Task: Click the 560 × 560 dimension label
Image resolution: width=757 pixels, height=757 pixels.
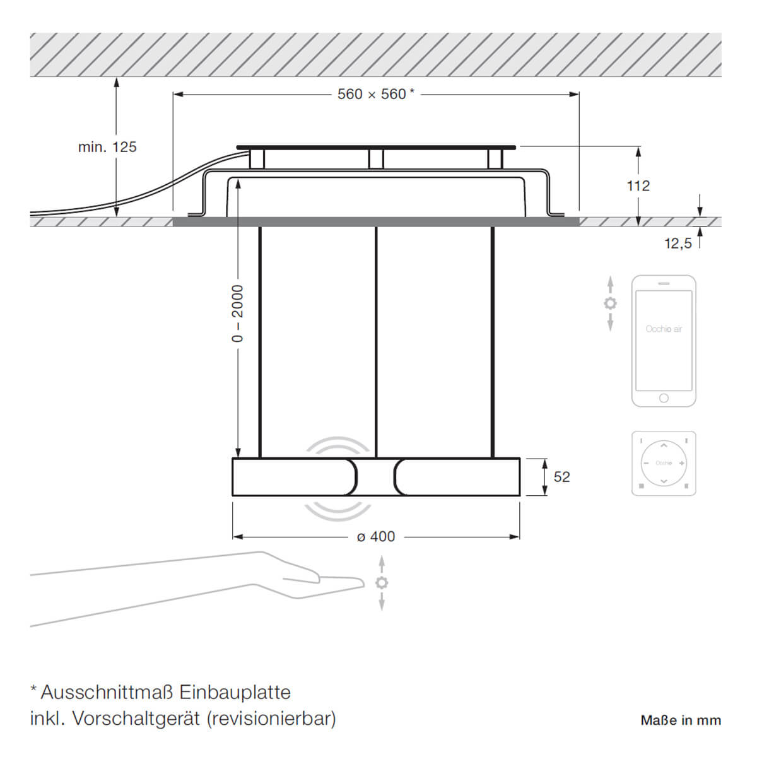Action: (x=375, y=95)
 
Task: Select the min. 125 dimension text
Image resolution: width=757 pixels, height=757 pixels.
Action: (x=107, y=147)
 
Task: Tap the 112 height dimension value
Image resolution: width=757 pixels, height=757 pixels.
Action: (x=638, y=186)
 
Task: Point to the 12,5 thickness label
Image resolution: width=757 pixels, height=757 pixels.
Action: (x=678, y=243)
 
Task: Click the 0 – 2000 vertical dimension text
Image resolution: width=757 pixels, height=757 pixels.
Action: (x=237, y=314)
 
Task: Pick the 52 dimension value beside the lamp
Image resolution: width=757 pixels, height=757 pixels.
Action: (x=561, y=477)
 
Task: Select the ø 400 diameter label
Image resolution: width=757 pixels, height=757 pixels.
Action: (x=376, y=537)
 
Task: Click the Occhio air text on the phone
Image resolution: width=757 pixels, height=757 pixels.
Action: (x=664, y=329)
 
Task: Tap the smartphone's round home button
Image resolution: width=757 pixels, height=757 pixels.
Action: (x=664, y=398)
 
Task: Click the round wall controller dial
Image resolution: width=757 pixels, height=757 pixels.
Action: (x=664, y=463)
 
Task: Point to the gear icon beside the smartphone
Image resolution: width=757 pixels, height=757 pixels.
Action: (x=610, y=303)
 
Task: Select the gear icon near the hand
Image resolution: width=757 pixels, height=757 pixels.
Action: (x=382, y=582)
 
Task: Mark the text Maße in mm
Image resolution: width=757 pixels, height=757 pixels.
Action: (x=681, y=720)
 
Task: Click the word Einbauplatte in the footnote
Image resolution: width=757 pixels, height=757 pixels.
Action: (x=235, y=692)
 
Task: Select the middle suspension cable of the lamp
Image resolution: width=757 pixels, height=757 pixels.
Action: (x=376, y=341)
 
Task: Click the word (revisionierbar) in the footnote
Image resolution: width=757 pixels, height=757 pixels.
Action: (x=271, y=719)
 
